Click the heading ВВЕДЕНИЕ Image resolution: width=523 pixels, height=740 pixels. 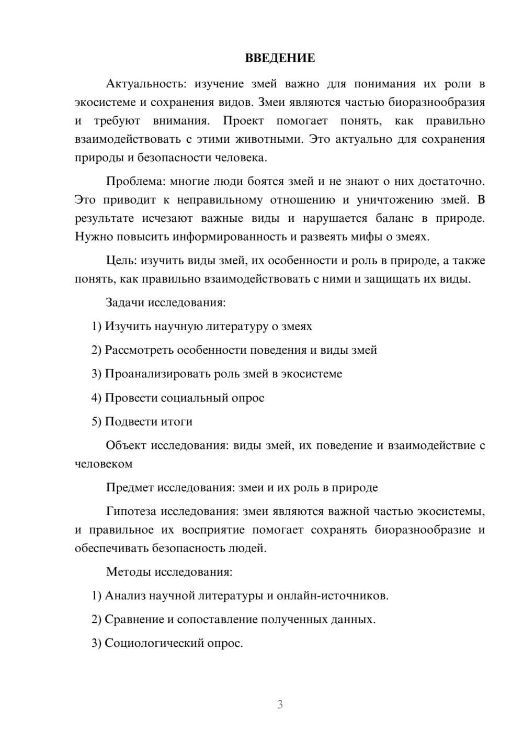click(x=280, y=58)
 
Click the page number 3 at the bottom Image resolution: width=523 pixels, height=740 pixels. click(x=280, y=704)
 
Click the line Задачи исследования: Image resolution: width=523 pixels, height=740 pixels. click(x=165, y=302)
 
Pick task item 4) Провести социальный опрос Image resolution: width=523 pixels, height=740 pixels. click(x=178, y=398)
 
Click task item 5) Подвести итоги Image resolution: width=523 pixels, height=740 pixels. click(x=142, y=422)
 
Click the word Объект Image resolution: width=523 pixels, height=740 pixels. click(x=126, y=446)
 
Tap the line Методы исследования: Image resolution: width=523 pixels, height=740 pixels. click(x=169, y=571)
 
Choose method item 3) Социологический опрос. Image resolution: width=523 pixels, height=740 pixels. click(x=167, y=643)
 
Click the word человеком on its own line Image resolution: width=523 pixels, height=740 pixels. click(x=104, y=464)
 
